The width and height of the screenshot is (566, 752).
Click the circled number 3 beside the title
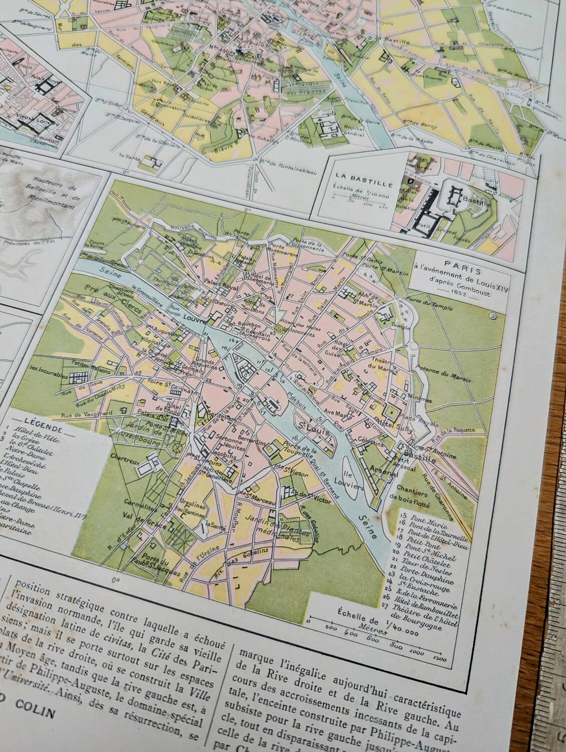(x=492, y=315)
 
